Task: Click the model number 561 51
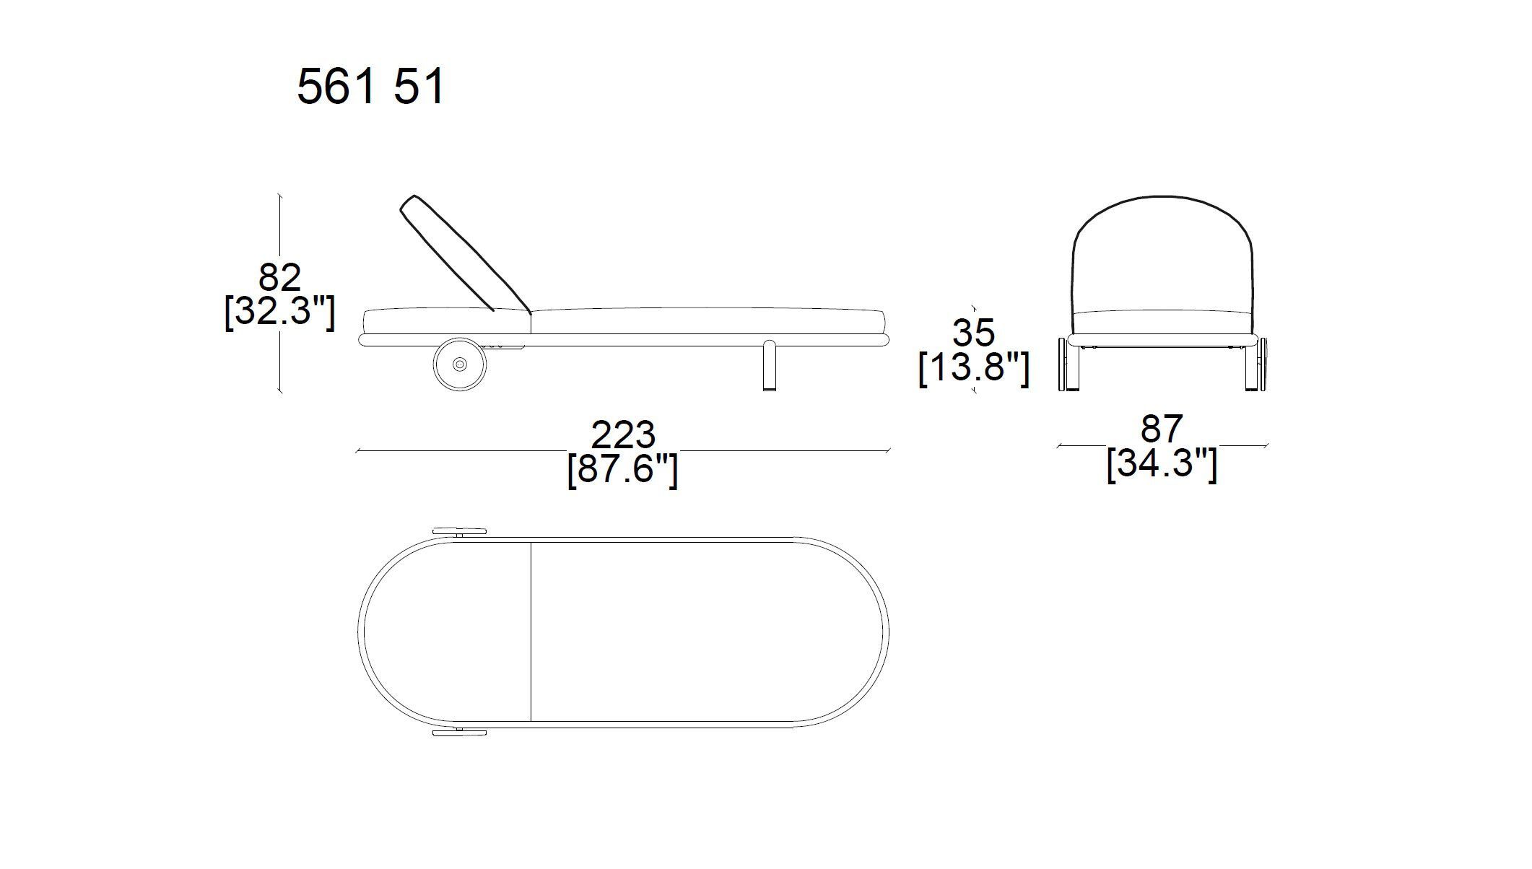[x=370, y=88]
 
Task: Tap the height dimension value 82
[x=280, y=278]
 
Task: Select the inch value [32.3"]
[x=280, y=312]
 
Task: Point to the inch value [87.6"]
[x=622, y=470]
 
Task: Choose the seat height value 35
[x=973, y=333]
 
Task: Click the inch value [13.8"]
[x=973, y=369]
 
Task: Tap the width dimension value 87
[x=1162, y=429]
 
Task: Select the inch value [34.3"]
[x=1162, y=463]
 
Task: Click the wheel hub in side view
[x=460, y=365]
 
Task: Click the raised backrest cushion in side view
[x=462, y=253]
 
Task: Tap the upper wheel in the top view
[x=459, y=532]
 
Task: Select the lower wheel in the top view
[x=459, y=733]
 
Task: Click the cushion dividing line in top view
[x=531, y=632]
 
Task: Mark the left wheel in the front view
[x=1062, y=364]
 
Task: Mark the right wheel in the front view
[x=1263, y=364]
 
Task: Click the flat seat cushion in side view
[x=708, y=320]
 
